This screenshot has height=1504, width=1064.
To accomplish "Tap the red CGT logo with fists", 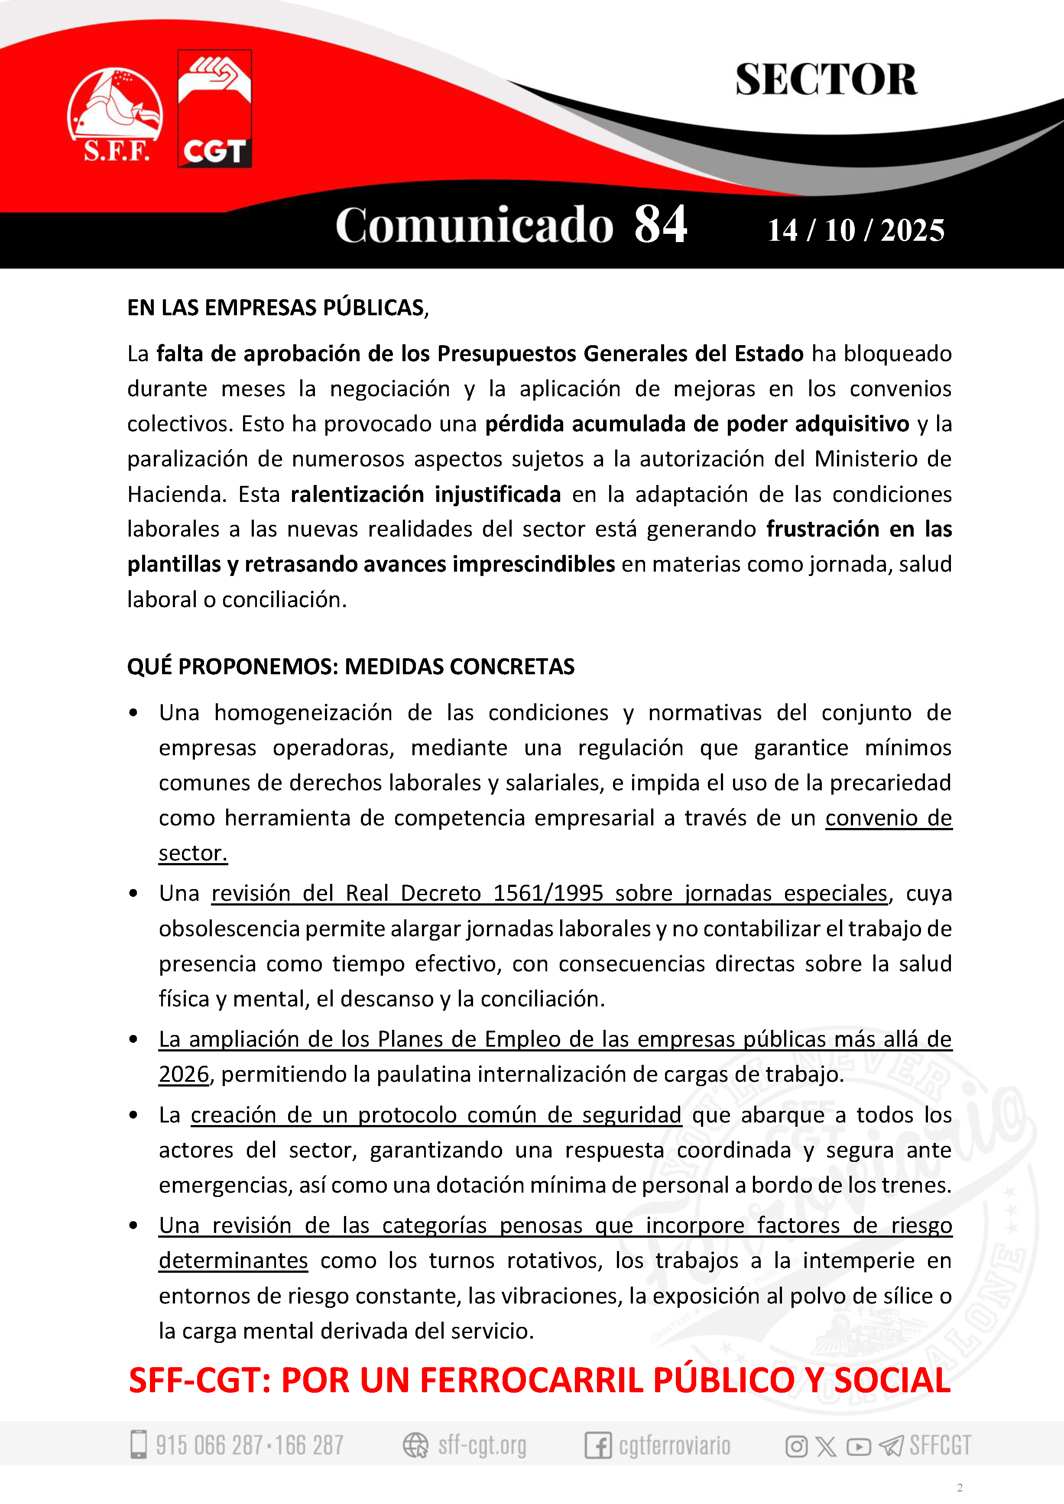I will [214, 109].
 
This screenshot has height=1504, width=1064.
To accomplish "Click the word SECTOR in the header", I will [826, 80].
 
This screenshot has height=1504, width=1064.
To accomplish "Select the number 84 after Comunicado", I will [660, 225].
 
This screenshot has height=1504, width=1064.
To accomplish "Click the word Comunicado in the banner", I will [474, 225].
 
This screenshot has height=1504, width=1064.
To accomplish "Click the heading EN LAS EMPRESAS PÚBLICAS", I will [278, 308].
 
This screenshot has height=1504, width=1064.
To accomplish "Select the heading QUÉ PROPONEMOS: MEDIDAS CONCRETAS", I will [350, 666].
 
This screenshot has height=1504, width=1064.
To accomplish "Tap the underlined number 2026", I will [183, 1074].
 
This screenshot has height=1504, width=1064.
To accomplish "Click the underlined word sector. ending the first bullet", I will [193, 853].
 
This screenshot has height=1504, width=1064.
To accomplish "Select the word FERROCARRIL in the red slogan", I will [531, 1381].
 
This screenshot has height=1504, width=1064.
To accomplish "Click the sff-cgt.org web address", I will [482, 1444].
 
